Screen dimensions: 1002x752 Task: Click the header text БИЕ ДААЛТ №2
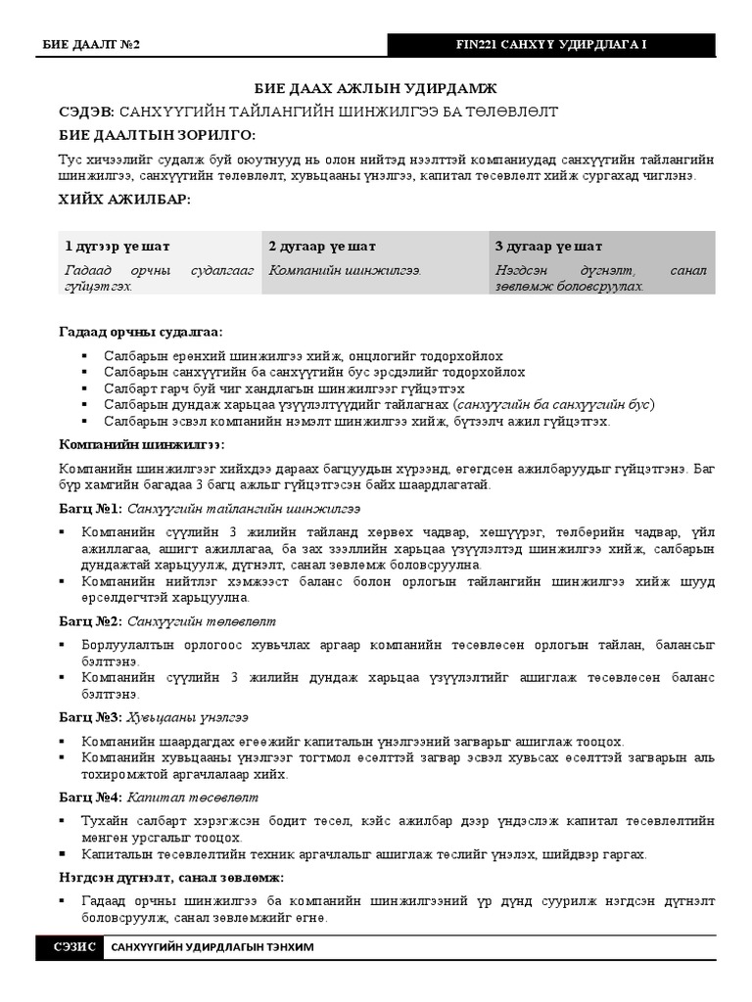92,46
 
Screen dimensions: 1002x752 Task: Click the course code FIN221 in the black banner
480,46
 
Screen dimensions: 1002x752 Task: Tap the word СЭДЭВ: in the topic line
87,112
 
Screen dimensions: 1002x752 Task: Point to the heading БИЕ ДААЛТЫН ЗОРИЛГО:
157,134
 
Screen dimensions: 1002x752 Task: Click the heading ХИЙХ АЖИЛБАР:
124,200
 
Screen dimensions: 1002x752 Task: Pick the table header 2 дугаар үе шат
322,247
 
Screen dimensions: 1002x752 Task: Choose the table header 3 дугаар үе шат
548,247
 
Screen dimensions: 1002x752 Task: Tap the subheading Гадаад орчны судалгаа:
140,333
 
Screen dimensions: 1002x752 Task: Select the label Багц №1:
90,508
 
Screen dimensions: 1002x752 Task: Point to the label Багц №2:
90,620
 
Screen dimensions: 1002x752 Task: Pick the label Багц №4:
90,797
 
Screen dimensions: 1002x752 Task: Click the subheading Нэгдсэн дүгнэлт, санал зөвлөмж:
171,877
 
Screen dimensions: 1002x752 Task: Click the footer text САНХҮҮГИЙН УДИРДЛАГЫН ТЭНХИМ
212,948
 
